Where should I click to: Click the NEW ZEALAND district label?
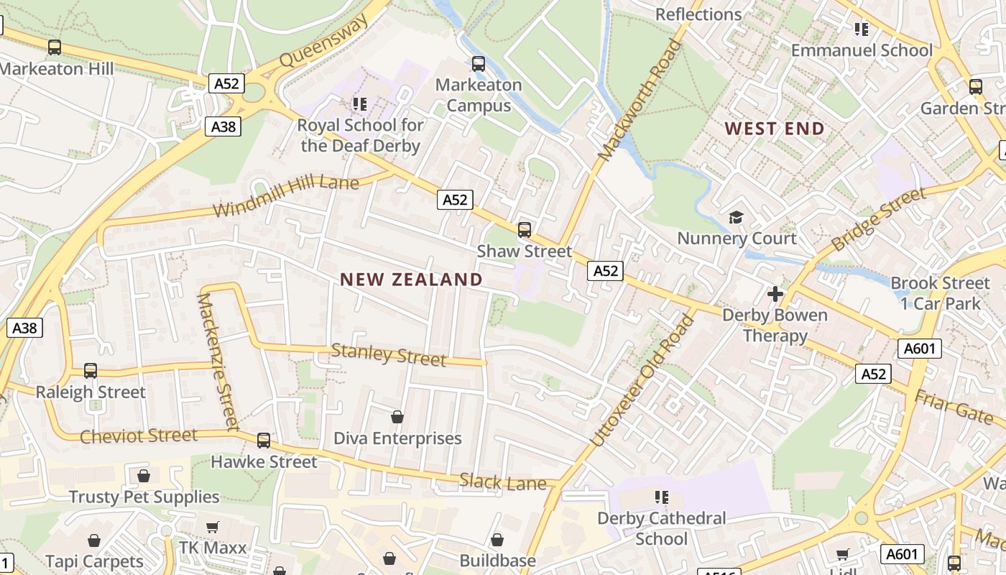coord(411,280)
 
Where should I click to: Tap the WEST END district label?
coord(774,129)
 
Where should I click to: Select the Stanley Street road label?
coord(388,354)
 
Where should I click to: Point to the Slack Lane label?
coord(503,482)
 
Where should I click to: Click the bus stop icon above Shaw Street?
coord(525,230)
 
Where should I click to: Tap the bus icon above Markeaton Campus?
coord(479,64)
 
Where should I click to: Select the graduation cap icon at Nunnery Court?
coord(737,217)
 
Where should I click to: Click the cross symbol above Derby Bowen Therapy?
coord(775,293)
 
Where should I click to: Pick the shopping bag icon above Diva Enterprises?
coord(397,417)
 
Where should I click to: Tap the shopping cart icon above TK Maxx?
coord(212,528)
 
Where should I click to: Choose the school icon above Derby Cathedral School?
coord(661,497)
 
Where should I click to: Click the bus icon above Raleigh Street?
coord(91,371)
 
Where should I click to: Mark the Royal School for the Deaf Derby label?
coord(360,135)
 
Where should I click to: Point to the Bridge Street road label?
coord(878,219)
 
